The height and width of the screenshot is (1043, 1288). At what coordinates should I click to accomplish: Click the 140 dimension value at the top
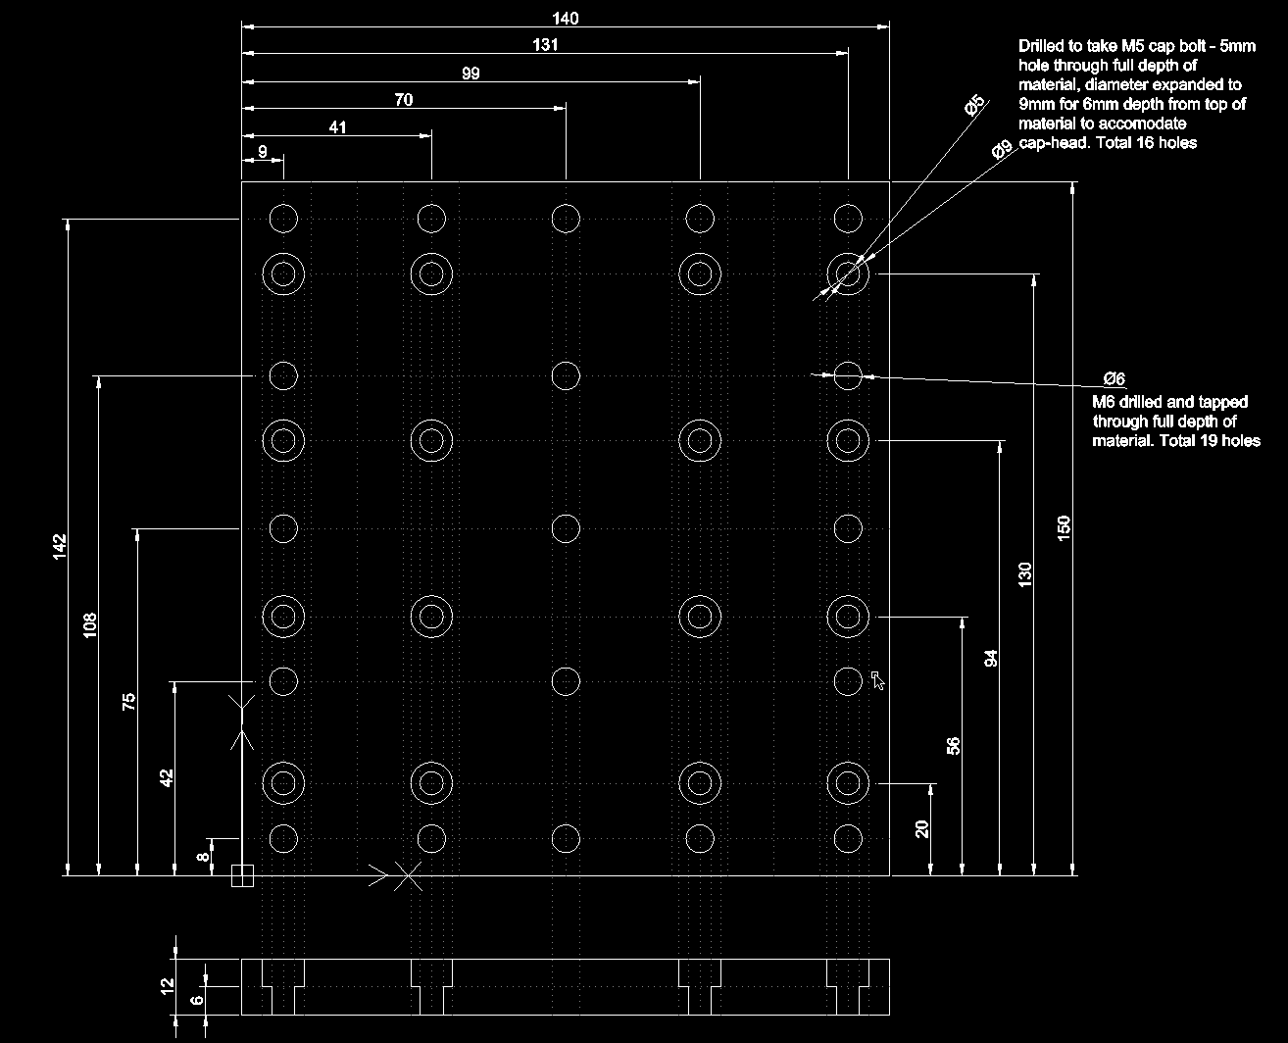click(x=566, y=18)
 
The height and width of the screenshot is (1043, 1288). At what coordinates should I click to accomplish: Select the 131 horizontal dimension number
click(x=546, y=45)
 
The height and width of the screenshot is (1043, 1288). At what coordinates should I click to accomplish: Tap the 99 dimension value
click(x=471, y=73)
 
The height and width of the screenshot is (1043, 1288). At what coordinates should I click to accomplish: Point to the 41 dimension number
click(x=337, y=127)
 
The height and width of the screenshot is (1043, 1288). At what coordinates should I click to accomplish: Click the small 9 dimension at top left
click(x=263, y=152)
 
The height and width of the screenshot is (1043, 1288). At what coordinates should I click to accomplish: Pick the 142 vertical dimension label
click(x=59, y=547)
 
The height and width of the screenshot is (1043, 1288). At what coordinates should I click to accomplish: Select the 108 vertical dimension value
click(x=90, y=625)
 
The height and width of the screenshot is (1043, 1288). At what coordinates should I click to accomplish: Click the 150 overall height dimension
click(x=1064, y=527)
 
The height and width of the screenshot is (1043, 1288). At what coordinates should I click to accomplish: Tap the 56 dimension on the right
click(x=953, y=745)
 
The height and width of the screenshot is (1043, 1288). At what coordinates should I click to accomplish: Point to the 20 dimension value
click(x=921, y=829)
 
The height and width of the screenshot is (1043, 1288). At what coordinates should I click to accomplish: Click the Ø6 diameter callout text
click(x=1114, y=379)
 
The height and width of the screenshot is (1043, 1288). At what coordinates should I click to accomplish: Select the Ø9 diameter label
click(x=1001, y=150)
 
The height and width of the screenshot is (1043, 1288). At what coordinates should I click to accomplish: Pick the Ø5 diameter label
click(x=974, y=106)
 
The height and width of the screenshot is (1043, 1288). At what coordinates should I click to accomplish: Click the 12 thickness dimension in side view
click(x=168, y=985)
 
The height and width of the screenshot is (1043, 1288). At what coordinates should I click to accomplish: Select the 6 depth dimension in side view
click(x=195, y=1000)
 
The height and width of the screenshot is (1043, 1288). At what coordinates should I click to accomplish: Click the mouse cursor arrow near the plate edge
click(x=878, y=679)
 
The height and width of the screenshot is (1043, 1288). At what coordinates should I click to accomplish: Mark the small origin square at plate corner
click(x=241, y=875)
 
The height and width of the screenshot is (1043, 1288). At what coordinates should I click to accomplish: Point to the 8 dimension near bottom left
click(x=203, y=856)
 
